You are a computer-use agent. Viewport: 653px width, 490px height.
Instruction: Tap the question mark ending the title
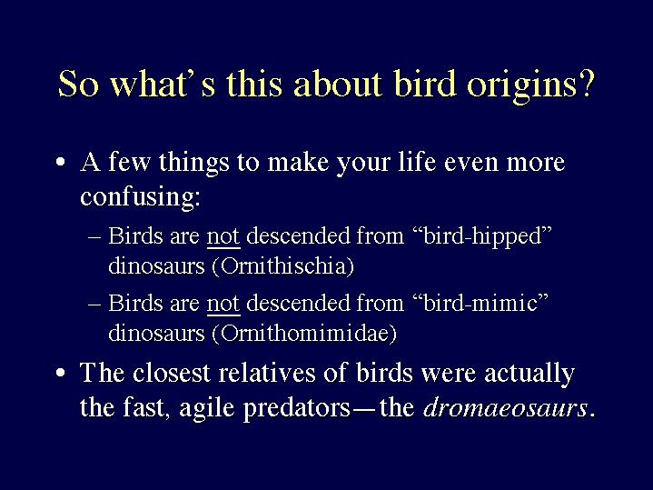pyautogui.click(x=584, y=83)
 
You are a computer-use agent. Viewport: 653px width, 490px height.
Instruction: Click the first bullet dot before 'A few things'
pyautogui.click(x=61, y=162)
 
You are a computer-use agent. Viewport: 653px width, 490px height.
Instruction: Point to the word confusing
pyautogui.click(x=140, y=196)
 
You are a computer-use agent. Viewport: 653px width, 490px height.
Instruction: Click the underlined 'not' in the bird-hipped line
pyautogui.click(x=223, y=236)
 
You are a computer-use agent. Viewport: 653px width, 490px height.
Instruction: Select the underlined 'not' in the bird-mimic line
pyautogui.click(x=223, y=303)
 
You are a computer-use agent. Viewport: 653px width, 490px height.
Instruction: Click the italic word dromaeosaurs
pyautogui.click(x=505, y=407)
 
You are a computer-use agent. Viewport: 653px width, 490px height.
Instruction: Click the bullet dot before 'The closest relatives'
pyautogui.click(x=61, y=373)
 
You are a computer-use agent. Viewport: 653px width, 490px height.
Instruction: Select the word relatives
pyautogui.click(x=267, y=373)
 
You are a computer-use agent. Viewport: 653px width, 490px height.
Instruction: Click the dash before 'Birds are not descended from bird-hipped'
pyautogui.click(x=95, y=236)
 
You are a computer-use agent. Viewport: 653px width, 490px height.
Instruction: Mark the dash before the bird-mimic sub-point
pyautogui.click(x=95, y=303)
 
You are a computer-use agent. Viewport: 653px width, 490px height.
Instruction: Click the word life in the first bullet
pyautogui.click(x=417, y=162)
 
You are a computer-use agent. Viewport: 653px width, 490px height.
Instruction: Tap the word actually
pyautogui.click(x=529, y=374)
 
